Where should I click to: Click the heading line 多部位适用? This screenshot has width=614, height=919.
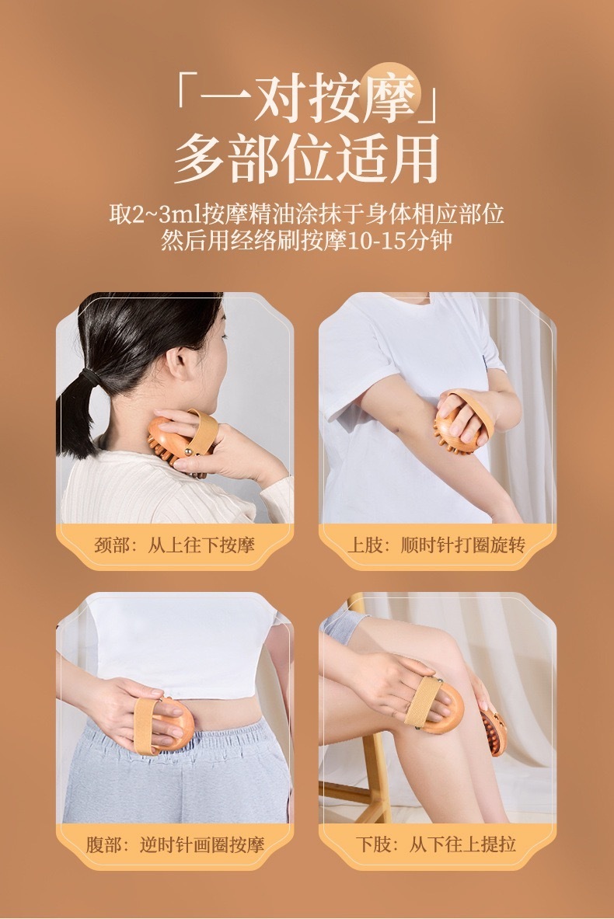tap(307, 158)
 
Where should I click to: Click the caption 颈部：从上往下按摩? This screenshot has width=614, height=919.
tap(174, 545)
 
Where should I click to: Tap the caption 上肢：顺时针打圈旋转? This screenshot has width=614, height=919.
tap(436, 545)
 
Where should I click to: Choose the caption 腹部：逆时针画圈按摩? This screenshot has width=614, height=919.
tap(175, 844)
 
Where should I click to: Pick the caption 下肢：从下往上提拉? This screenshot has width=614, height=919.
tap(436, 844)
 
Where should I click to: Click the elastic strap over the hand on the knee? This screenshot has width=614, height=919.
tap(424, 701)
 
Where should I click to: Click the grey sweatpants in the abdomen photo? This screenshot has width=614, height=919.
tap(176, 774)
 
